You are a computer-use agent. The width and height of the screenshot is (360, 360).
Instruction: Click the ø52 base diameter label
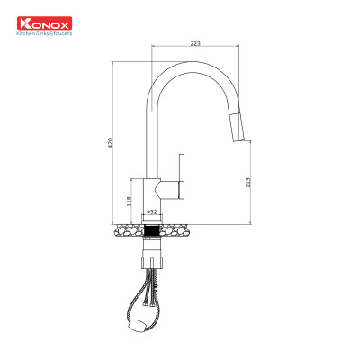pyautogui.click(x=151, y=212)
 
